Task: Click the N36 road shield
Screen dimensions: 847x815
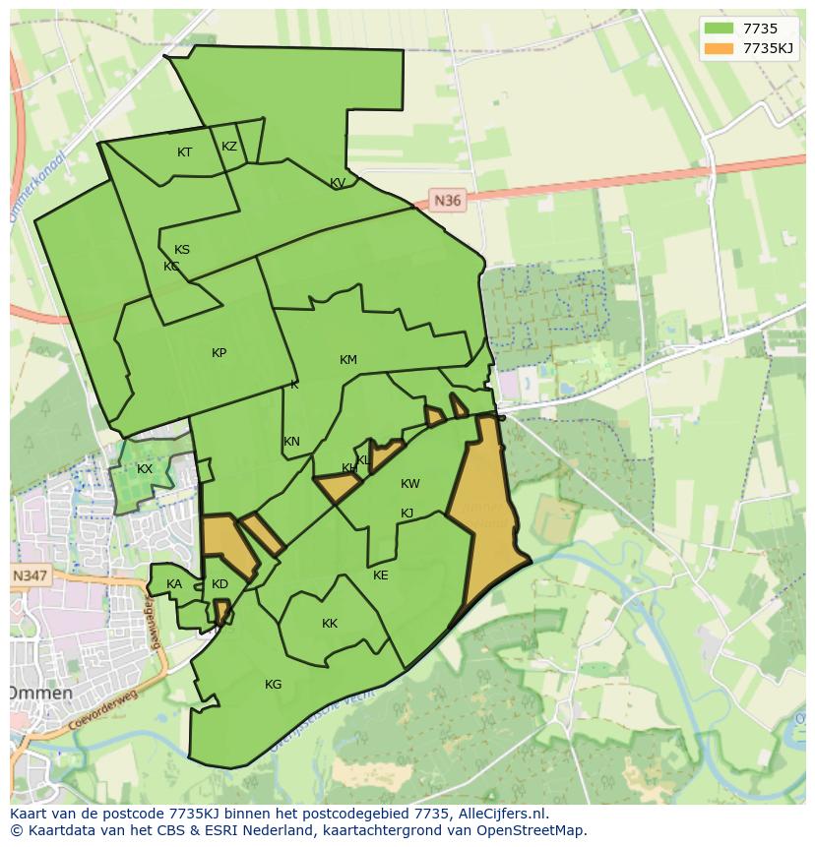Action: tap(447, 201)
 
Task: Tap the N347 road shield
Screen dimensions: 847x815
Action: tap(31, 575)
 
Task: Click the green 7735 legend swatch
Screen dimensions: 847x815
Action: tap(720, 29)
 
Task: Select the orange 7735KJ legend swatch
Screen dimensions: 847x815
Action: tap(720, 47)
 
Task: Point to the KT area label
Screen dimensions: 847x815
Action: tap(184, 152)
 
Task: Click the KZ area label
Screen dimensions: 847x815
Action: tap(229, 147)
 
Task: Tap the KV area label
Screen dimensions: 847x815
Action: tap(338, 183)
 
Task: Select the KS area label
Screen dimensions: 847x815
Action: tap(182, 250)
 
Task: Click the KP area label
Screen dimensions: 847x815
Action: tap(219, 353)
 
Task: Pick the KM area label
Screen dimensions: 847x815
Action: tap(347, 360)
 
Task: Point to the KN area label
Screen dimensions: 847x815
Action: tap(291, 442)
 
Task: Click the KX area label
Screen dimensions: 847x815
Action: tap(145, 469)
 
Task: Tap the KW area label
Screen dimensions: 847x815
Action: tap(410, 484)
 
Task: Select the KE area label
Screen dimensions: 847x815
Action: tap(381, 575)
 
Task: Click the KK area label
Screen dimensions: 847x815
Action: tap(330, 624)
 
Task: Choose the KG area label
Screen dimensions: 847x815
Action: tap(273, 685)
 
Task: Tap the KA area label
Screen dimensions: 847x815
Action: tap(174, 584)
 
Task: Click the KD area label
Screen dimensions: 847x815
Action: tap(219, 584)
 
